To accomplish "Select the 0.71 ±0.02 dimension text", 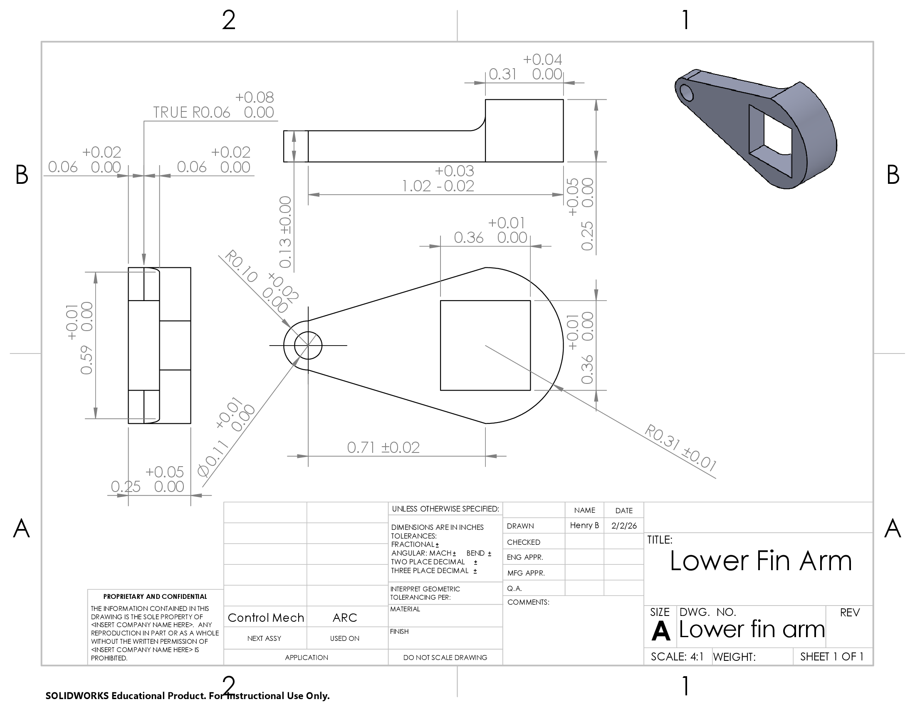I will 383,447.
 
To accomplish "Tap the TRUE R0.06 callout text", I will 191,112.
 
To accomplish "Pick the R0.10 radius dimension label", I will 241,266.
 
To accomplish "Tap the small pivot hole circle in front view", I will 308,345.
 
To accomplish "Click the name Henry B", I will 584,525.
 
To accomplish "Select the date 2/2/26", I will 623,526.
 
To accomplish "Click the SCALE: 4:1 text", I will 677,656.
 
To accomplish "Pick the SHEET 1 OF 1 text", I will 832,656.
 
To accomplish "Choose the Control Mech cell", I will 266,617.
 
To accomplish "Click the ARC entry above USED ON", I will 344,617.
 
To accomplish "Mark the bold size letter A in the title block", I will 660,630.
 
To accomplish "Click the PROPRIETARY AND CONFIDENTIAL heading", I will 155,596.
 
